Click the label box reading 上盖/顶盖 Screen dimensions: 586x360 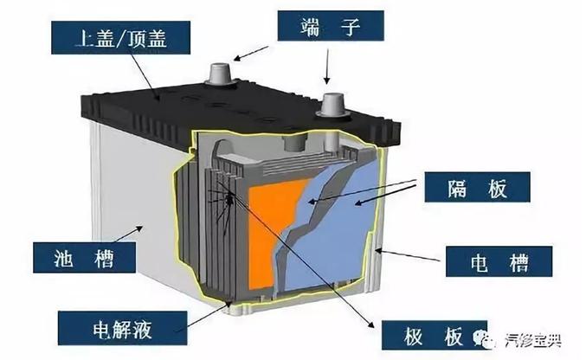tap(120, 37)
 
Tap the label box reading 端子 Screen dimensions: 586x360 tap(331, 25)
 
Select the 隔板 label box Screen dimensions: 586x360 tap(477, 187)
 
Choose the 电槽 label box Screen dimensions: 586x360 tap(499, 261)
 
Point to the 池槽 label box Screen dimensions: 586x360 tap(85, 257)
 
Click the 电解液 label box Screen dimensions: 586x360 tap(123, 328)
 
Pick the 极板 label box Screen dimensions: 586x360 tap(435, 335)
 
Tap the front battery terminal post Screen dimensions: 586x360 tap(332, 105)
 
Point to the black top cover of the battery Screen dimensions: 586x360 tap(239, 112)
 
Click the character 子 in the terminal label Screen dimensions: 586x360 tap(351, 26)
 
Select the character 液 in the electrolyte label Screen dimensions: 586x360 tap(142, 329)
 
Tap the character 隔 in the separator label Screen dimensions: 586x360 tap(457, 188)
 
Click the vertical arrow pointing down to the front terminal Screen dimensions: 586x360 tap(327, 66)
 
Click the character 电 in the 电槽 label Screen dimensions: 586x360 tap(479, 261)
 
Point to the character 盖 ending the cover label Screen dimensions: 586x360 tap(156, 38)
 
